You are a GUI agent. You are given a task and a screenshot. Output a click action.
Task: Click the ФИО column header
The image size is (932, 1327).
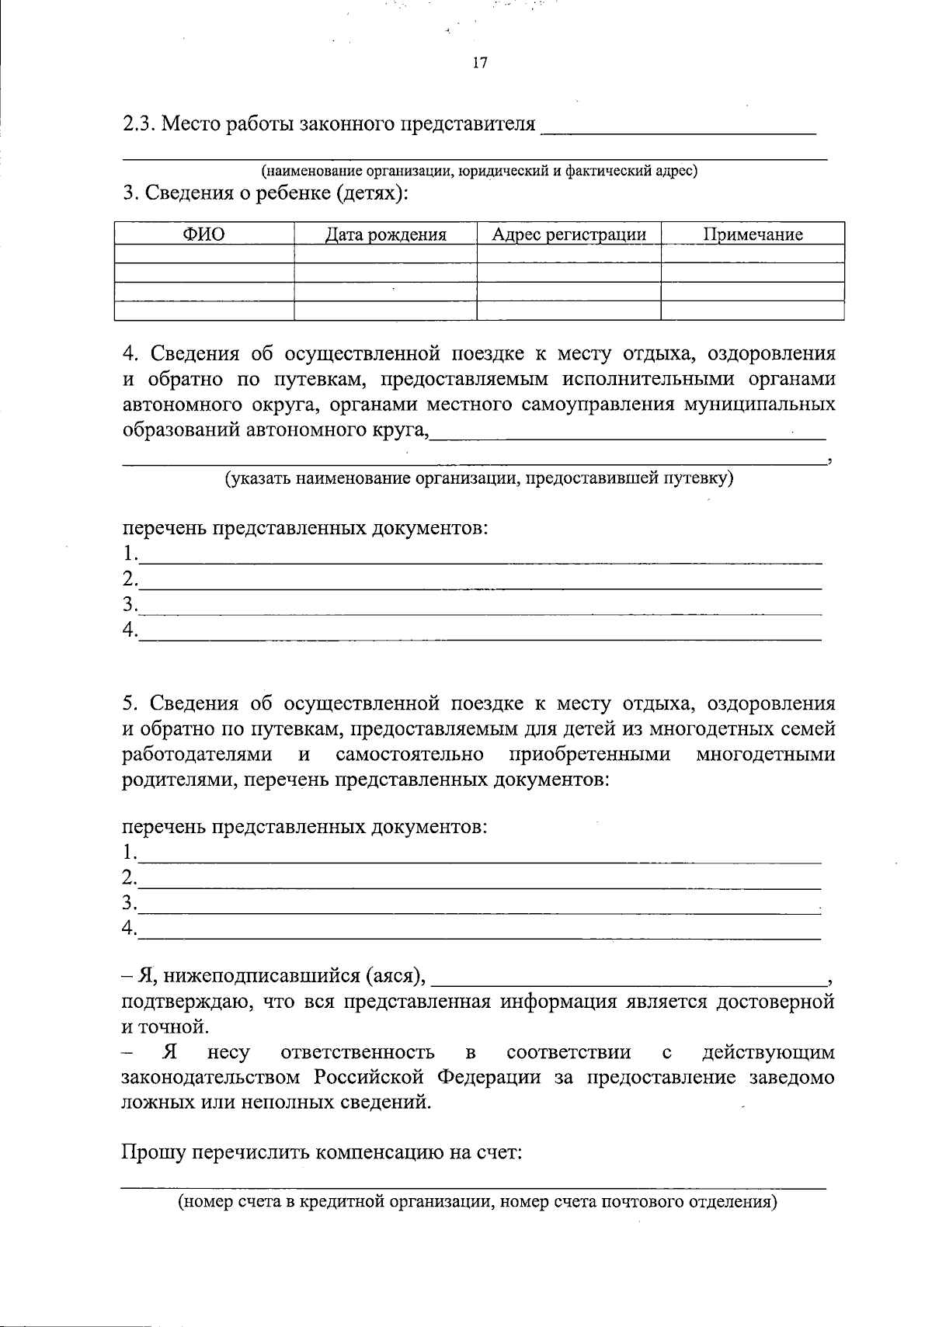pos(203,234)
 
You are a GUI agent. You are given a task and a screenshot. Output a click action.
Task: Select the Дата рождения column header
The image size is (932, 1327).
pos(385,234)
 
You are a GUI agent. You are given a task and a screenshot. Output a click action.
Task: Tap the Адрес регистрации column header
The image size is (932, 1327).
pos(569,234)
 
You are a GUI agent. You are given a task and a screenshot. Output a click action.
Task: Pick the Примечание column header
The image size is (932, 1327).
pos(753,234)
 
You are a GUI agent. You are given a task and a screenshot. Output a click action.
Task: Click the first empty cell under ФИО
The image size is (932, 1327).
pos(203,254)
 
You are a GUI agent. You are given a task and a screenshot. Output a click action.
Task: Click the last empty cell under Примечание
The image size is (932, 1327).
pos(753,311)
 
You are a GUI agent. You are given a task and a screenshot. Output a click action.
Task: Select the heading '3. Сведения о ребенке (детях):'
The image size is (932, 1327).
pos(265,194)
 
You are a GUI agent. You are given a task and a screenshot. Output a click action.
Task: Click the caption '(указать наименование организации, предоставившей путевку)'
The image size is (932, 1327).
pos(478,478)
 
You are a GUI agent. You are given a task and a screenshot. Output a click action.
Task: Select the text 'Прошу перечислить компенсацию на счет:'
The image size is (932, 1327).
pos(322,1152)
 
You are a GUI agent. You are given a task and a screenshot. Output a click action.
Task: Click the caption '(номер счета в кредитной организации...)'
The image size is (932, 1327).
pos(478,1203)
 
